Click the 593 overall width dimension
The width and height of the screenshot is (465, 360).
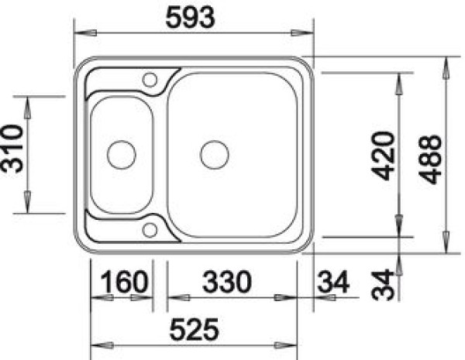click(x=190, y=18)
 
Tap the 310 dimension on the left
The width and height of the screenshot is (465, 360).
click(x=12, y=149)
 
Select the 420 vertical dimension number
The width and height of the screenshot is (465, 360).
click(x=384, y=156)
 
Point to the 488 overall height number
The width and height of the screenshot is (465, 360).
click(x=430, y=159)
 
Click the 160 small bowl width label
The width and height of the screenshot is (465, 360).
click(x=124, y=282)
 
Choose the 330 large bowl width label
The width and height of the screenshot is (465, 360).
click(x=227, y=281)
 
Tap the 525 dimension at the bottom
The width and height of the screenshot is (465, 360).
click(x=194, y=329)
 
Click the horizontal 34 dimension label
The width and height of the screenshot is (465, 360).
click(x=333, y=282)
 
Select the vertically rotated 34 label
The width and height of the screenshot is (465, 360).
click(x=383, y=284)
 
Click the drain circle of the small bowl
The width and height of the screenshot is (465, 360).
click(x=122, y=141)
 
